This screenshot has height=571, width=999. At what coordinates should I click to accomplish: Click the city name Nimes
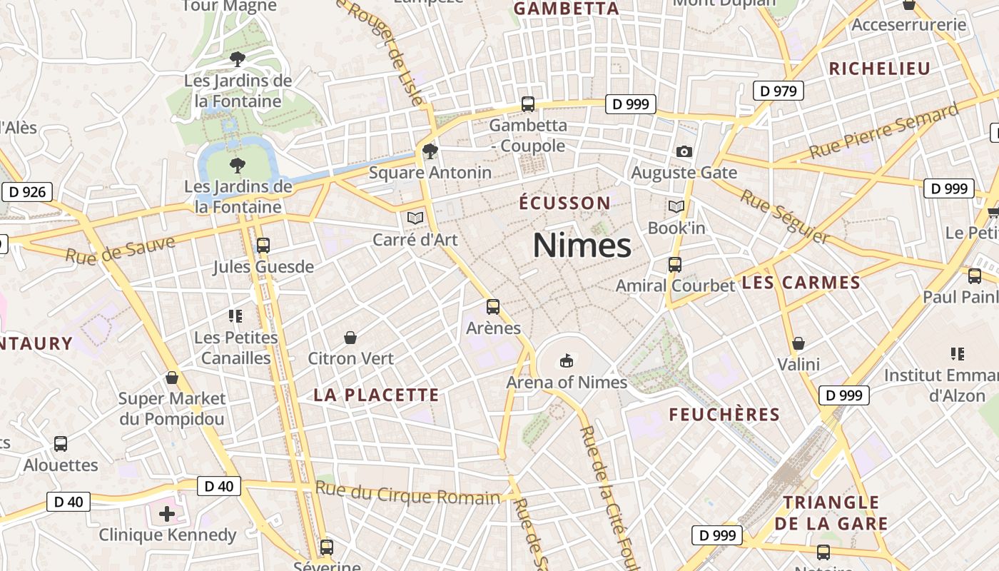coord(582,246)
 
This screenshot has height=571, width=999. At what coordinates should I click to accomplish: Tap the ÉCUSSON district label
coord(564,203)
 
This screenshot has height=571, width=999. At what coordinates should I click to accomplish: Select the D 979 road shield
coord(778,91)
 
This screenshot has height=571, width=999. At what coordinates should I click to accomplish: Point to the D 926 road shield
coord(27,191)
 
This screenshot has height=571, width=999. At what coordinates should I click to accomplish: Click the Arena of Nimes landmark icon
coord(567,361)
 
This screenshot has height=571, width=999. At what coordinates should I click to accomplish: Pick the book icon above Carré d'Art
coord(415,218)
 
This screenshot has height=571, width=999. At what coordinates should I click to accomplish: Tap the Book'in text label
coord(676,228)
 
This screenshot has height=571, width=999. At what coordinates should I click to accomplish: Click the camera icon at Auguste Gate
coord(684,151)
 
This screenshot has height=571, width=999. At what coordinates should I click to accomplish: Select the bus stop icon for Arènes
coord(493,307)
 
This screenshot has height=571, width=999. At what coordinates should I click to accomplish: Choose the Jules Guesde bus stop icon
coord(263,246)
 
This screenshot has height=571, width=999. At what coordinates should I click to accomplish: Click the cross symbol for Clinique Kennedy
coord(167,514)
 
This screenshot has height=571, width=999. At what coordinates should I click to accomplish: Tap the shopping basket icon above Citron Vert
coord(350,337)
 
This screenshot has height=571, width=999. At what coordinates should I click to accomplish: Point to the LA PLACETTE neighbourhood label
coord(376,395)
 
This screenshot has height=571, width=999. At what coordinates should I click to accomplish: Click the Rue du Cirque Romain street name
coord(407,493)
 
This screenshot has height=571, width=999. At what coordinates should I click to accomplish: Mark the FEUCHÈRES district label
coord(724,415)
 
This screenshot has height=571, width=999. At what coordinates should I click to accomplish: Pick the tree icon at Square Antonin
coord(430,151)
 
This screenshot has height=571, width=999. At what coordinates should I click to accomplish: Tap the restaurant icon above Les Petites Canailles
coord(235,315)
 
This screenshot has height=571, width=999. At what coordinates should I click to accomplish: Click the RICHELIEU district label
coord(879,69)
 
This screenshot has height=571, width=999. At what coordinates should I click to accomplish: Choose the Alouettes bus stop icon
coord(61,444)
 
